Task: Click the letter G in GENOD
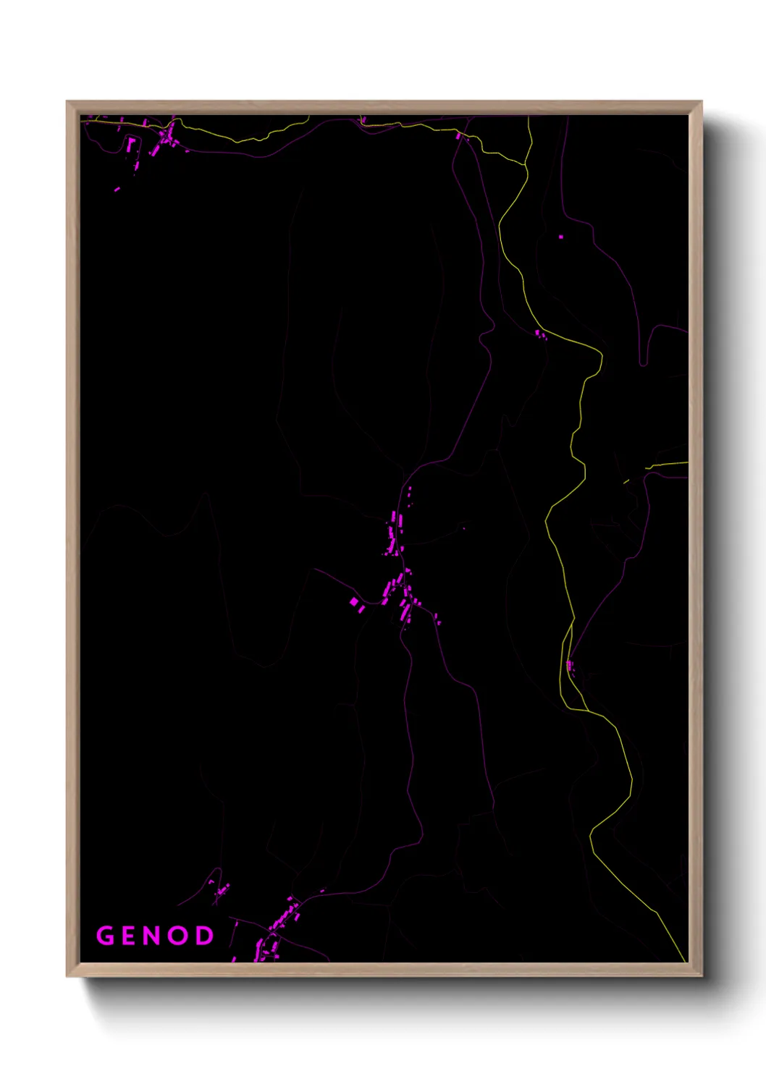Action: (x=106, y=936)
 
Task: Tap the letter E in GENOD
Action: (x=131, y=936)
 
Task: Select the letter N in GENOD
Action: (x=154, y=936)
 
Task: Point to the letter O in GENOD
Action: (x=180, y=936)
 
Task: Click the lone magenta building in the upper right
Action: (x=561, y=237)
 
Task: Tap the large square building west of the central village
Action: (x=354, y=601)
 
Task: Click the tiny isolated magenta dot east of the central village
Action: (x=464, y=528)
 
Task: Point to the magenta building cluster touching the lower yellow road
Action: (x=571, y=665)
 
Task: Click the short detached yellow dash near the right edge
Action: (x=626, y=481)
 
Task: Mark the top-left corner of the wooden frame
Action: (x=67, y=102)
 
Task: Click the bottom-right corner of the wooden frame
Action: (x=701, y=975)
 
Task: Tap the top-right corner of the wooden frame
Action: (x=701, y=102)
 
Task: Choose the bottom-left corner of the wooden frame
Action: (x=67, y=975)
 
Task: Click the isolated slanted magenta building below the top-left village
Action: (x=117, y=190)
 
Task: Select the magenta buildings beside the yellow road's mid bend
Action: (x=539, y=334)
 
